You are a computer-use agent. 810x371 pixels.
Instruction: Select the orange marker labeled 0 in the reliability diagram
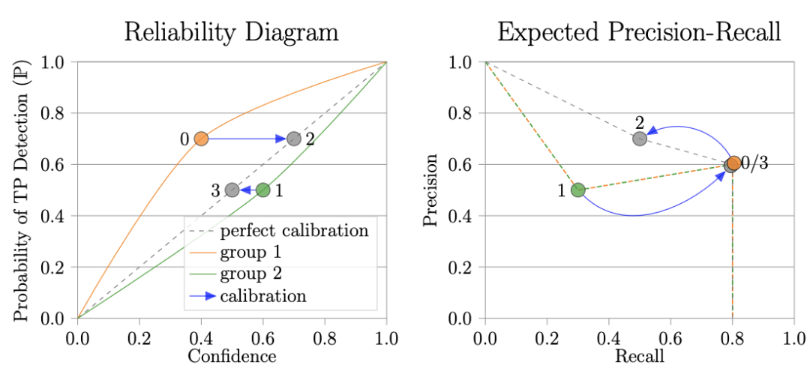tap(201, 139)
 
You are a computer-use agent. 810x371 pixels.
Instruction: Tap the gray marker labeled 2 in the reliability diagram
tap(294, 139)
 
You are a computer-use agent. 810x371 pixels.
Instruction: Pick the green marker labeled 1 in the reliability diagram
tap(262, 190)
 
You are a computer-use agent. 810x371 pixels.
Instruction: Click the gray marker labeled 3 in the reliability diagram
tap(232, 190)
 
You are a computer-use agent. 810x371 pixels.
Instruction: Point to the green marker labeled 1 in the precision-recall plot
tap(577, 190)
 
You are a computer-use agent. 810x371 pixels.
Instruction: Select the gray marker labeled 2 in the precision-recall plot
tap(639, 139)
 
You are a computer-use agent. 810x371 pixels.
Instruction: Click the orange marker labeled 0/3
tap(733, 163)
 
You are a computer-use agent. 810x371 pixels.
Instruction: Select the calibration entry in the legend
tap(263, 295)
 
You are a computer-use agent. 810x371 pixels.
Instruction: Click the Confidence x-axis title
tap(232, 355)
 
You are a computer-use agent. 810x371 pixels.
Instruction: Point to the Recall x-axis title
tap(639, 355)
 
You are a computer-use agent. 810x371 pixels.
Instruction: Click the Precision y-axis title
tap(433, 190)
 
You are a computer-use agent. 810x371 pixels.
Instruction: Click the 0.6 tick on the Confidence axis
tap(262, 336)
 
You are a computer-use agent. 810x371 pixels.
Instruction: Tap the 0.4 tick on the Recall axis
tap(608, 336)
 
